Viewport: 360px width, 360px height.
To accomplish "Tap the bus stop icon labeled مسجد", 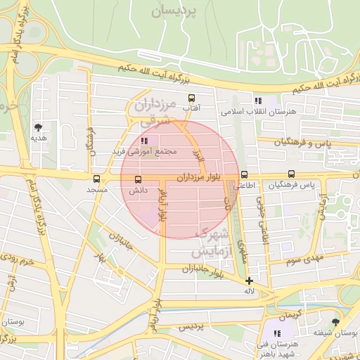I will [96, 179].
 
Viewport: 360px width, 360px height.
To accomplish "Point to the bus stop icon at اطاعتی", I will [244, 174].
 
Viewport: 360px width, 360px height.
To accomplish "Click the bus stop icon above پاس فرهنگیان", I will [291, 174].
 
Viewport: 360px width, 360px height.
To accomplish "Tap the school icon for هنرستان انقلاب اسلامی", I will [258, 101].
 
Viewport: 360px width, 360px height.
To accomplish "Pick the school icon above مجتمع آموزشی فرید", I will [145, 141].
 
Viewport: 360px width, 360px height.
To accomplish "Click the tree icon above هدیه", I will [37, 127].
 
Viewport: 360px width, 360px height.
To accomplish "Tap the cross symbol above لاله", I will [249, 281].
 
